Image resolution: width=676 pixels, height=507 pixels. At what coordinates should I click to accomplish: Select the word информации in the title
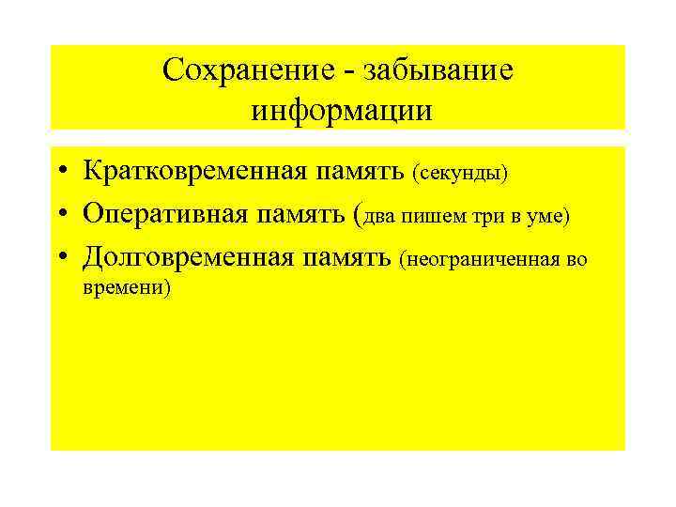click(342, 110)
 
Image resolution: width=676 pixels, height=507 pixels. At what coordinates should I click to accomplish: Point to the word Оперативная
click(165, 213)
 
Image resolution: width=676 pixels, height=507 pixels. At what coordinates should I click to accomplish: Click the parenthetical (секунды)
click(459, 173)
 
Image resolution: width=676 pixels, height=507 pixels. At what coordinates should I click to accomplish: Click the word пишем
click(427, 217)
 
